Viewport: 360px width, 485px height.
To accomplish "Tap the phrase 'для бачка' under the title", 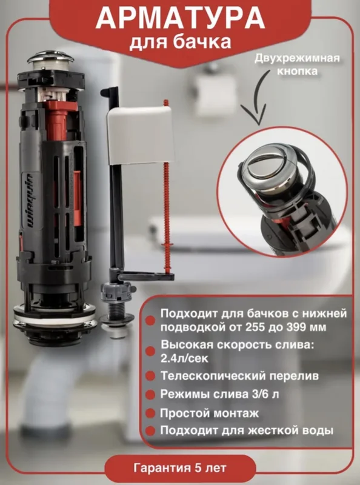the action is click(180, 42).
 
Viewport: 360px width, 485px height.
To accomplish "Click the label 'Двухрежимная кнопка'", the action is click(297, 64).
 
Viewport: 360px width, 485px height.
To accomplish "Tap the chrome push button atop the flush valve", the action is click(50, 59).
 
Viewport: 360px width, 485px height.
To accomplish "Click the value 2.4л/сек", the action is click(184, 358).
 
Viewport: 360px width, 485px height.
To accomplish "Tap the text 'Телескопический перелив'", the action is click(239, 376).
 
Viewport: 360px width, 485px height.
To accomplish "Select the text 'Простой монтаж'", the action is click(209, 413).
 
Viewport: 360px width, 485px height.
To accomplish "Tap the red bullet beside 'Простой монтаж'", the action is click(150, 413).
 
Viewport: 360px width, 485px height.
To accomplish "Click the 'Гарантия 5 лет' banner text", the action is click(180, 467).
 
